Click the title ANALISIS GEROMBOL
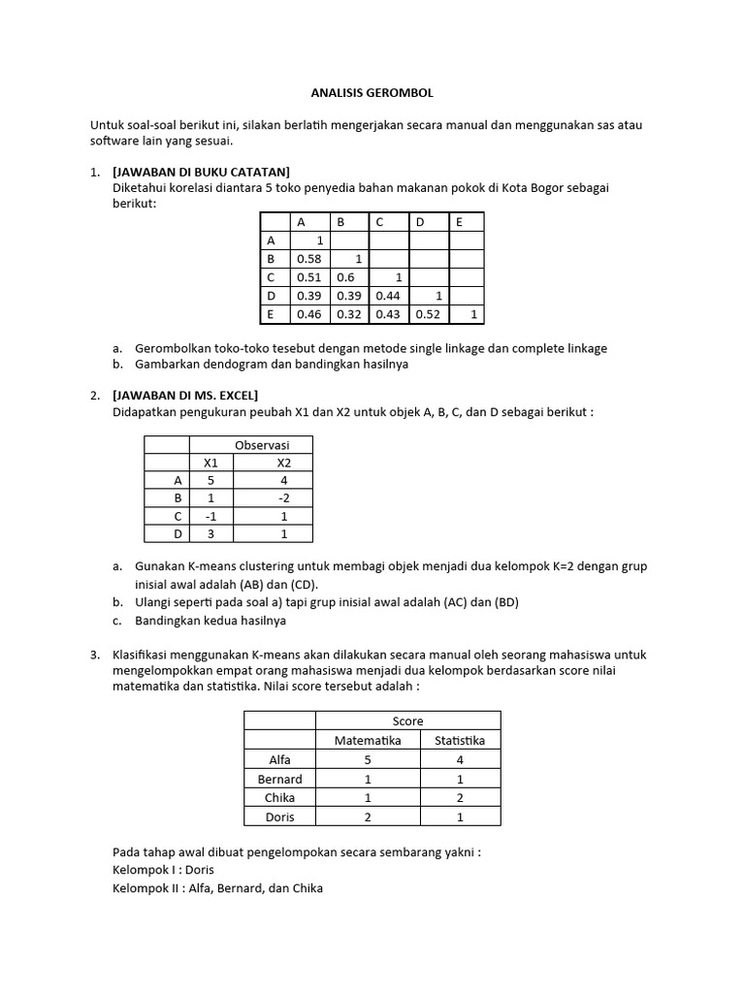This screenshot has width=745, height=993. point(372,93)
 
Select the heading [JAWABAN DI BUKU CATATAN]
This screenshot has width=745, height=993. point(202,172)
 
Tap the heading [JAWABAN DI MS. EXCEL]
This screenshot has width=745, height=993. point(185,395)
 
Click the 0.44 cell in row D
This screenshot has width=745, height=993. point(388,296)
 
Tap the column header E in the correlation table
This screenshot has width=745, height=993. point(459,222)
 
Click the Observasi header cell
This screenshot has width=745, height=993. point(263,444)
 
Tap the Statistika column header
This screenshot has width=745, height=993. point(460,740)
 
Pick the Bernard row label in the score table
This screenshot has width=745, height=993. point(279,779)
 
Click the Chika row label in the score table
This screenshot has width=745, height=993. point(279,797)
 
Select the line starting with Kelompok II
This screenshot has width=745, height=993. point(217,887)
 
